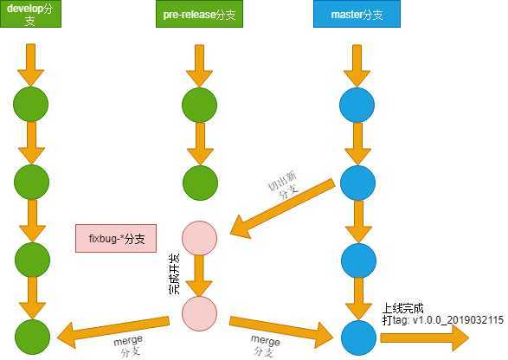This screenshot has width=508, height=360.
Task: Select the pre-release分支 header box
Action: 198,16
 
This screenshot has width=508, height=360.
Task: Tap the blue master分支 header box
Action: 357,16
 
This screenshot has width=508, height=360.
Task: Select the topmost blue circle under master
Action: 357,104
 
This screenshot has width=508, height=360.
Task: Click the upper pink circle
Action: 198,239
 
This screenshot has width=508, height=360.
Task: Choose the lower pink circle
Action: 198,312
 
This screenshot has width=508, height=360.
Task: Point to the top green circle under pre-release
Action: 198,104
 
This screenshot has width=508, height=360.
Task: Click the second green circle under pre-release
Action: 198,181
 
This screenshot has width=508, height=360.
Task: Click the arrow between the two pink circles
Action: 198,277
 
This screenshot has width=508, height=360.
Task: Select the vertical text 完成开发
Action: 174,273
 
